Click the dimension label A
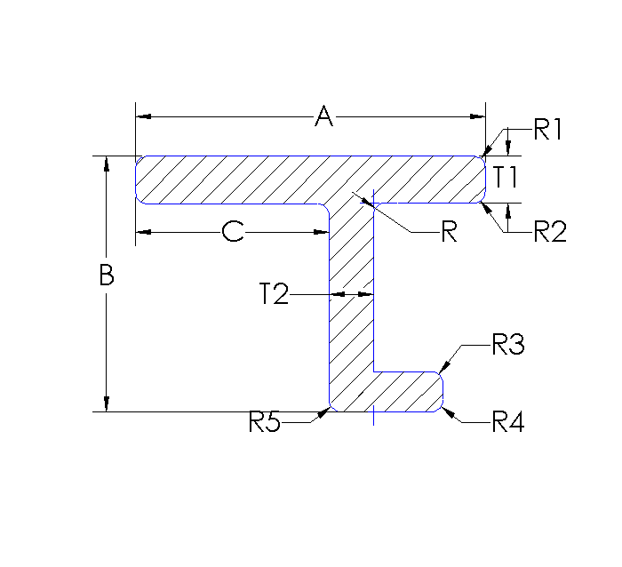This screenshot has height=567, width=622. [324, 116]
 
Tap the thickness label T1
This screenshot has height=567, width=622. [506, 177]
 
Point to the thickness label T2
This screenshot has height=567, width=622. [275, 294]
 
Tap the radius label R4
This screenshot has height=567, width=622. [508, 422]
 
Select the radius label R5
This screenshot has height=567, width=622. [265, 422]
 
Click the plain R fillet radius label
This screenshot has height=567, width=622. [449, 234]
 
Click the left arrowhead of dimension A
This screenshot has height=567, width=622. [142, 116]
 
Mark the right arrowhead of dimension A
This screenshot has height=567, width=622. [480, 116]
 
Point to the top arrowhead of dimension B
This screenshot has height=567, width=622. [107, 164]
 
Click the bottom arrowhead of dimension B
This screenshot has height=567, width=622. [107, 405]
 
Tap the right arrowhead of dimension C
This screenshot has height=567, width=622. [323, 232]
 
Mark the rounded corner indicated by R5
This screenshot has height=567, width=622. [331, 409]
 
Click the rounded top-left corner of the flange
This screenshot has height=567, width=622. [139, 161]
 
